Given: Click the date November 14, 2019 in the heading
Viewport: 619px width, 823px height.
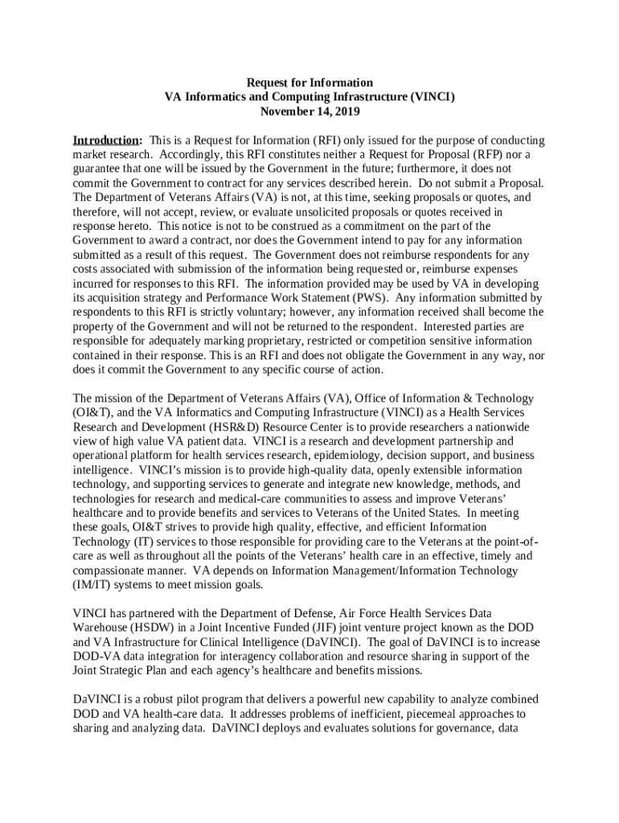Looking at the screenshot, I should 309,112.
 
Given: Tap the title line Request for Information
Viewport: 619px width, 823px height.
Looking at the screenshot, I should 309,83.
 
